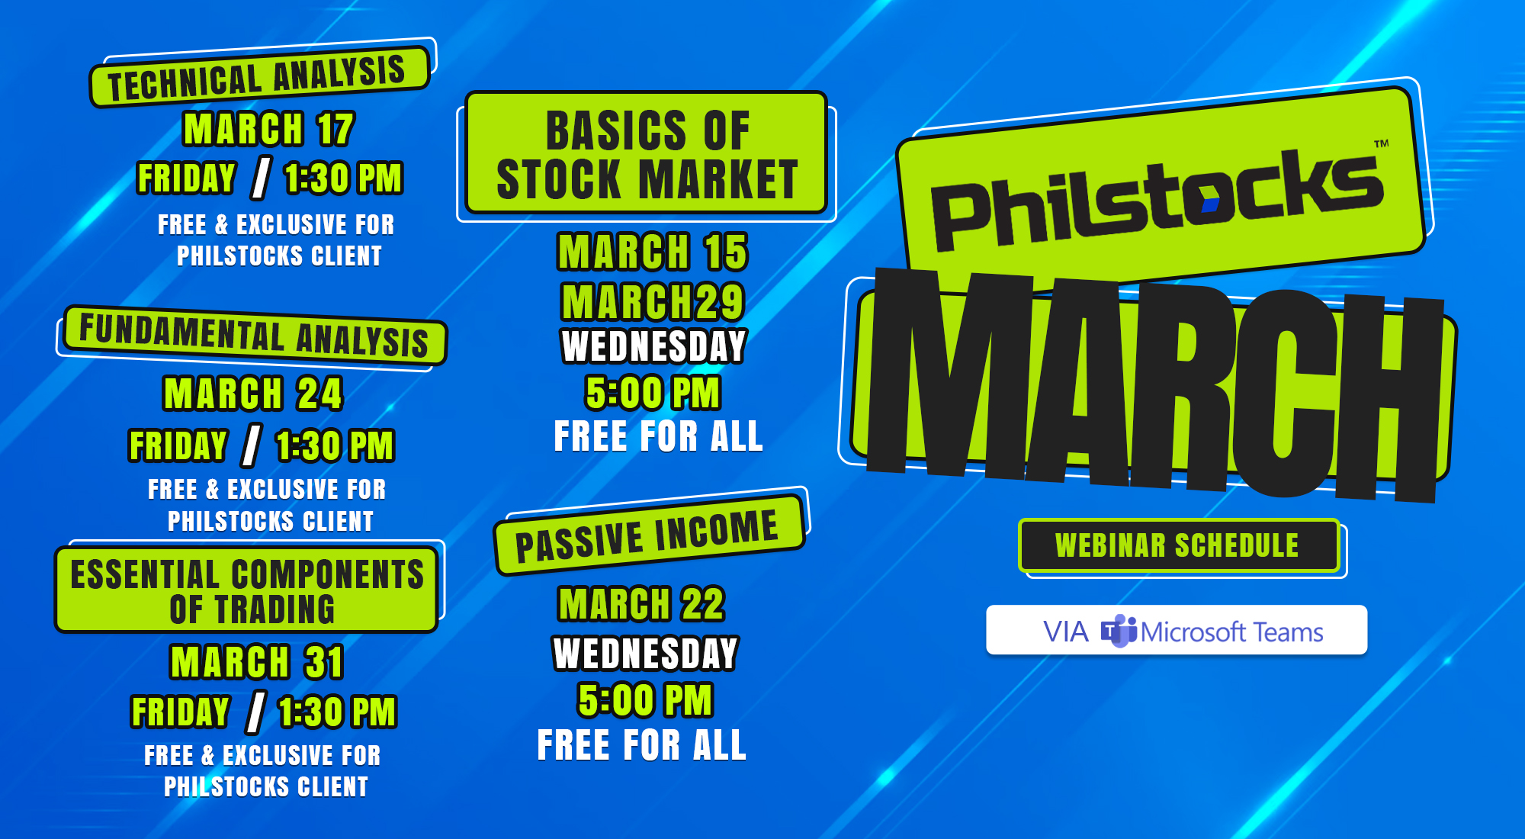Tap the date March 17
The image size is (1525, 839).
click(268, 129)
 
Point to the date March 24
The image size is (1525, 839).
click(253, 394)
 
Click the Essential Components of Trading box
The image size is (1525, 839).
click(246, 590)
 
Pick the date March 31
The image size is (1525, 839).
click(257, 661)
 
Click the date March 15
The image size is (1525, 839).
click(653, 252)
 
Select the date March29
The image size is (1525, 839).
click(653, 301)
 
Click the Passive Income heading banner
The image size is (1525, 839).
click(648, 535)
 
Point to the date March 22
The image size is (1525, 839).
click(641, 604)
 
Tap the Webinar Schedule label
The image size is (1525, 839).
click(1177, 545)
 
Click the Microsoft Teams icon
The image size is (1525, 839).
click(1119, 631)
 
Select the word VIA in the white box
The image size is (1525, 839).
click(1065, 632)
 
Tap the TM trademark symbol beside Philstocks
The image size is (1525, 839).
click(1381, 143)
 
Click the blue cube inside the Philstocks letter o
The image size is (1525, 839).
click(1209, 204)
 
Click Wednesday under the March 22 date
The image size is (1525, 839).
click(645, 653)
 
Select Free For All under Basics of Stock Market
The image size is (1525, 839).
click(658, 436)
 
